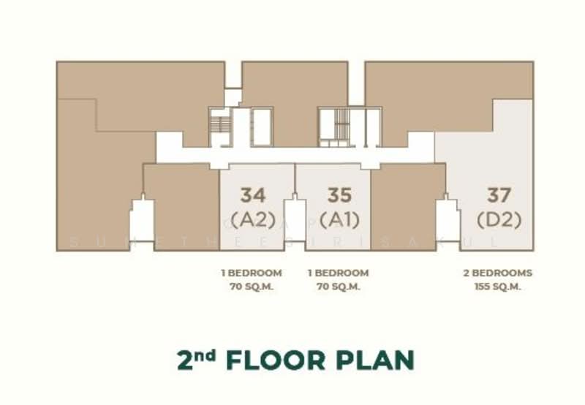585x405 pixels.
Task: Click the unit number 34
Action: click(x=253, y=195)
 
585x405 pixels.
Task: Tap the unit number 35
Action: click(x=339, y=195)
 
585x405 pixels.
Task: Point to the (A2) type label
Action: click(x=253, y=219)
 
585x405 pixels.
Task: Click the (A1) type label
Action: click(x=339, y=219)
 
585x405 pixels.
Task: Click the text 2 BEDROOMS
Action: click(x=497, y=273)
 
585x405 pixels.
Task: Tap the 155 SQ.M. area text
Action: click(x=497, y=287)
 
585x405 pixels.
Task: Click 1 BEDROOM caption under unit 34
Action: click(x=252, y=273)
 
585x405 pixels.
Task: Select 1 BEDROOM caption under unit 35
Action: click(x=339, y=273)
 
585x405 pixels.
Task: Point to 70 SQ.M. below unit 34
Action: click(x=252, y=287)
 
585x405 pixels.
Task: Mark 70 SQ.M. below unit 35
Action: click(x=339, y=287)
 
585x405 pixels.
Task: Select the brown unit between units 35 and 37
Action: click(x=407, y=197)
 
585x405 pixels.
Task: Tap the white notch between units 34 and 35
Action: click(x=295, y=219)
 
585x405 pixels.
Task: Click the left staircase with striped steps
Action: click(x=219, y=125)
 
